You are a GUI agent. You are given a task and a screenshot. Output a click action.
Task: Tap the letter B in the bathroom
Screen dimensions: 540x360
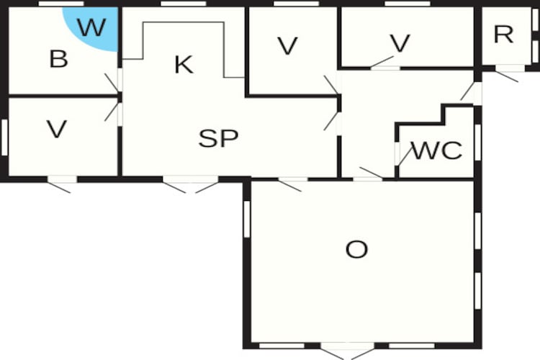58,59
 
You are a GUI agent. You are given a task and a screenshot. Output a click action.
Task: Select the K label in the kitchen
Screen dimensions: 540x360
184,64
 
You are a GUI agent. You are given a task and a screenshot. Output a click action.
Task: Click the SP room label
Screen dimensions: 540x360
218,138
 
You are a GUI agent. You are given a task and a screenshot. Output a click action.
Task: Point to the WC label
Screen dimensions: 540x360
437,150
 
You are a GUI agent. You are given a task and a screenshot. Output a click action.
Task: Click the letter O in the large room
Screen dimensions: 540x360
356,250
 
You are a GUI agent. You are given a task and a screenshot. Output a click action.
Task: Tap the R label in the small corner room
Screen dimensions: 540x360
503,35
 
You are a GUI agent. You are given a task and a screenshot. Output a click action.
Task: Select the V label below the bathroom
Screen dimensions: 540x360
57,129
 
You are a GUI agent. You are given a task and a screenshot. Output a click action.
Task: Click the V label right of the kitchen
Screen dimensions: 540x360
287,46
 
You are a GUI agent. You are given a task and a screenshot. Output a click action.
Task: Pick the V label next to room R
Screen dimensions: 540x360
400,43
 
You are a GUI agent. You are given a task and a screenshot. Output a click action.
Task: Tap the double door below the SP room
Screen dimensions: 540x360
191,184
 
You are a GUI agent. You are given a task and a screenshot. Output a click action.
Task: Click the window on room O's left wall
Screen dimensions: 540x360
247,219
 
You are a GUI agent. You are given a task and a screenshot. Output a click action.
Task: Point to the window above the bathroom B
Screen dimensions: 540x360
61,4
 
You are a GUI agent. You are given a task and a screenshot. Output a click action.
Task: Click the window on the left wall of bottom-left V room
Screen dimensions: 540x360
4,137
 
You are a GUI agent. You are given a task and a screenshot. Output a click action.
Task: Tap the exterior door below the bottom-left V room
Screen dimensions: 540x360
61,184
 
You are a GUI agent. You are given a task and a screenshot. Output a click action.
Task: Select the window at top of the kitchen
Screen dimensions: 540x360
184,4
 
